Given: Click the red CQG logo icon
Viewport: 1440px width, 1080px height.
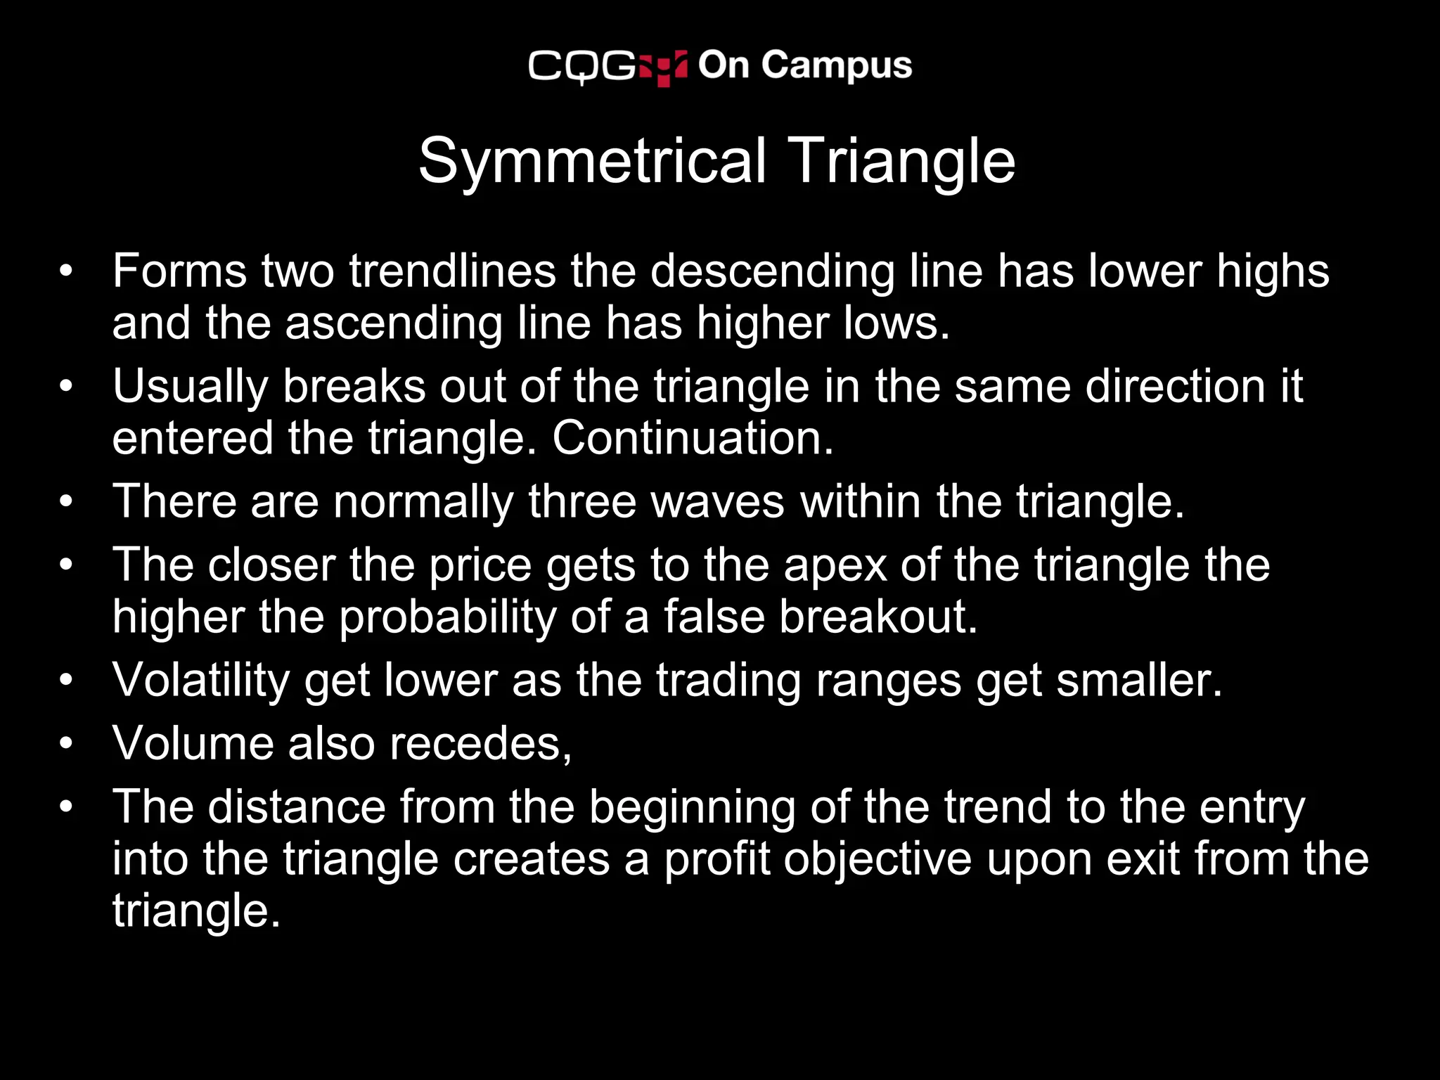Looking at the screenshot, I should (663, 67).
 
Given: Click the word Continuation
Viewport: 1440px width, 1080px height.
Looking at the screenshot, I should (692, 438).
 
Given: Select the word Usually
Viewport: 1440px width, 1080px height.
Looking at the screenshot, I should (190, 387).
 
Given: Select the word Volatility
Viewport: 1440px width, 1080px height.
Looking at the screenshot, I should (200, 681).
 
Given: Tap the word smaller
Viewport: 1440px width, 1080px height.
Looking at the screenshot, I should (1139, 681).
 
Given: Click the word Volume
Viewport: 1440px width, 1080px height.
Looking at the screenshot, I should (193, 744).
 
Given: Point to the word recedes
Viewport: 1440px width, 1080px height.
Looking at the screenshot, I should (481, 744).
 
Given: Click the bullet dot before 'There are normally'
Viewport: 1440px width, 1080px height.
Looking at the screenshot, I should (66, 502).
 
